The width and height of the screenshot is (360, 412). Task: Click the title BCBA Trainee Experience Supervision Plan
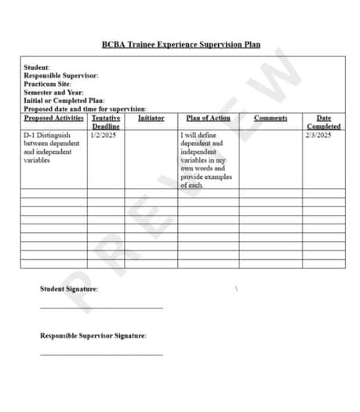(x=180, y=45)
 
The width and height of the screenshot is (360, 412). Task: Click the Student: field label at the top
(x=37, y=68)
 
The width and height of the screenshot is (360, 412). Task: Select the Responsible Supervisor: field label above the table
(x=61, y=76)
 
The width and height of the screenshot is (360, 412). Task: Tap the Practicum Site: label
(x=48, y=84)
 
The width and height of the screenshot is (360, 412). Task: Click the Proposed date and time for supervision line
(x=85, y=109)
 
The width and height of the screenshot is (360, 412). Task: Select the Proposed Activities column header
(x=53, y=118)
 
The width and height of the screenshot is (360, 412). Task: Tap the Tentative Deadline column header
(x=106, y=122)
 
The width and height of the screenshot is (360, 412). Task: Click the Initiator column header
(x=151, y=118)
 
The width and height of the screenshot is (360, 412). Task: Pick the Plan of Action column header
(x=209, y=118)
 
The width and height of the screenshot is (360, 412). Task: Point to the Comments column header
(x=271, y=118)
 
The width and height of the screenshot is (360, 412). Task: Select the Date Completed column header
(x=324, y=122)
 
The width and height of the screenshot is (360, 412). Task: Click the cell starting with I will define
(x=207, y=160)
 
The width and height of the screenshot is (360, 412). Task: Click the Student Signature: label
(x=69, y=289)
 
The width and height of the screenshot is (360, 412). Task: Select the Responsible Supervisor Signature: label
(x=93, y=336)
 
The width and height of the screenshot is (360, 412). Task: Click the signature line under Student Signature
(x=102, y=308)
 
